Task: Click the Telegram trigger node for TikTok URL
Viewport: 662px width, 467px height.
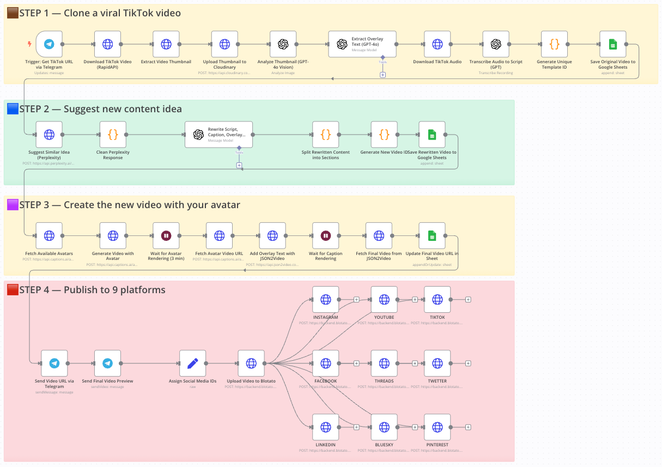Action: click(x=48, y=44)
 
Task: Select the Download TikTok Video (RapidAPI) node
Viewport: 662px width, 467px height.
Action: click(x=107, y=44)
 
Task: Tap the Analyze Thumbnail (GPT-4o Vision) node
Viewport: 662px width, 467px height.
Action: click(x=283, y=44)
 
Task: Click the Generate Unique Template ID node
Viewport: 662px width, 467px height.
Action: click(x=554, y=44)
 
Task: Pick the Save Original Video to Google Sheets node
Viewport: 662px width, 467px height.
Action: click(x=612, y=44)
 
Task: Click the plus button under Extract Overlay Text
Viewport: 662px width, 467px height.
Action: click(x=382, y=75)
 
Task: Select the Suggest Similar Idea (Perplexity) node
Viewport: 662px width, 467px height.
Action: click(x=49, y=135)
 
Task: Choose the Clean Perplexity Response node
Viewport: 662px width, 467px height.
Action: click(x=113, y=135)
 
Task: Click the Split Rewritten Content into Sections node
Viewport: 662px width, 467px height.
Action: click(x=325, y=135)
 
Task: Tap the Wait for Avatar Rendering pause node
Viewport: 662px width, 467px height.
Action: click(x=166, y=235)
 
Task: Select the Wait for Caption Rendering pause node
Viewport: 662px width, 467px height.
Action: click(x=325, y=235)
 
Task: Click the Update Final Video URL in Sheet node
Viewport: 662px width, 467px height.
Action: click(x=432, y=235)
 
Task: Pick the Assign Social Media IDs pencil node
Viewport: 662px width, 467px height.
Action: click(x=192, y=363)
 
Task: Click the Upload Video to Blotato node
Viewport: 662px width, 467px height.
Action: click(x=251, y=363)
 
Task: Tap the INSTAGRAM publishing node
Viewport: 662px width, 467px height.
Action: click(x=325, y=299)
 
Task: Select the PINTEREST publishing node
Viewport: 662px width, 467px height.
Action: click(x=437, y=427)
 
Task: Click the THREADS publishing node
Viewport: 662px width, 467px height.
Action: click(x=384, y=363)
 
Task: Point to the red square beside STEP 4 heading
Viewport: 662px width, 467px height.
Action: click(x=13, y=290)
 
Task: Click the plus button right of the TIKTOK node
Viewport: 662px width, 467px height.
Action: click(x=468, y=299)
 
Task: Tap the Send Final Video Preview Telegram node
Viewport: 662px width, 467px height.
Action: click(x=107, y=363)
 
